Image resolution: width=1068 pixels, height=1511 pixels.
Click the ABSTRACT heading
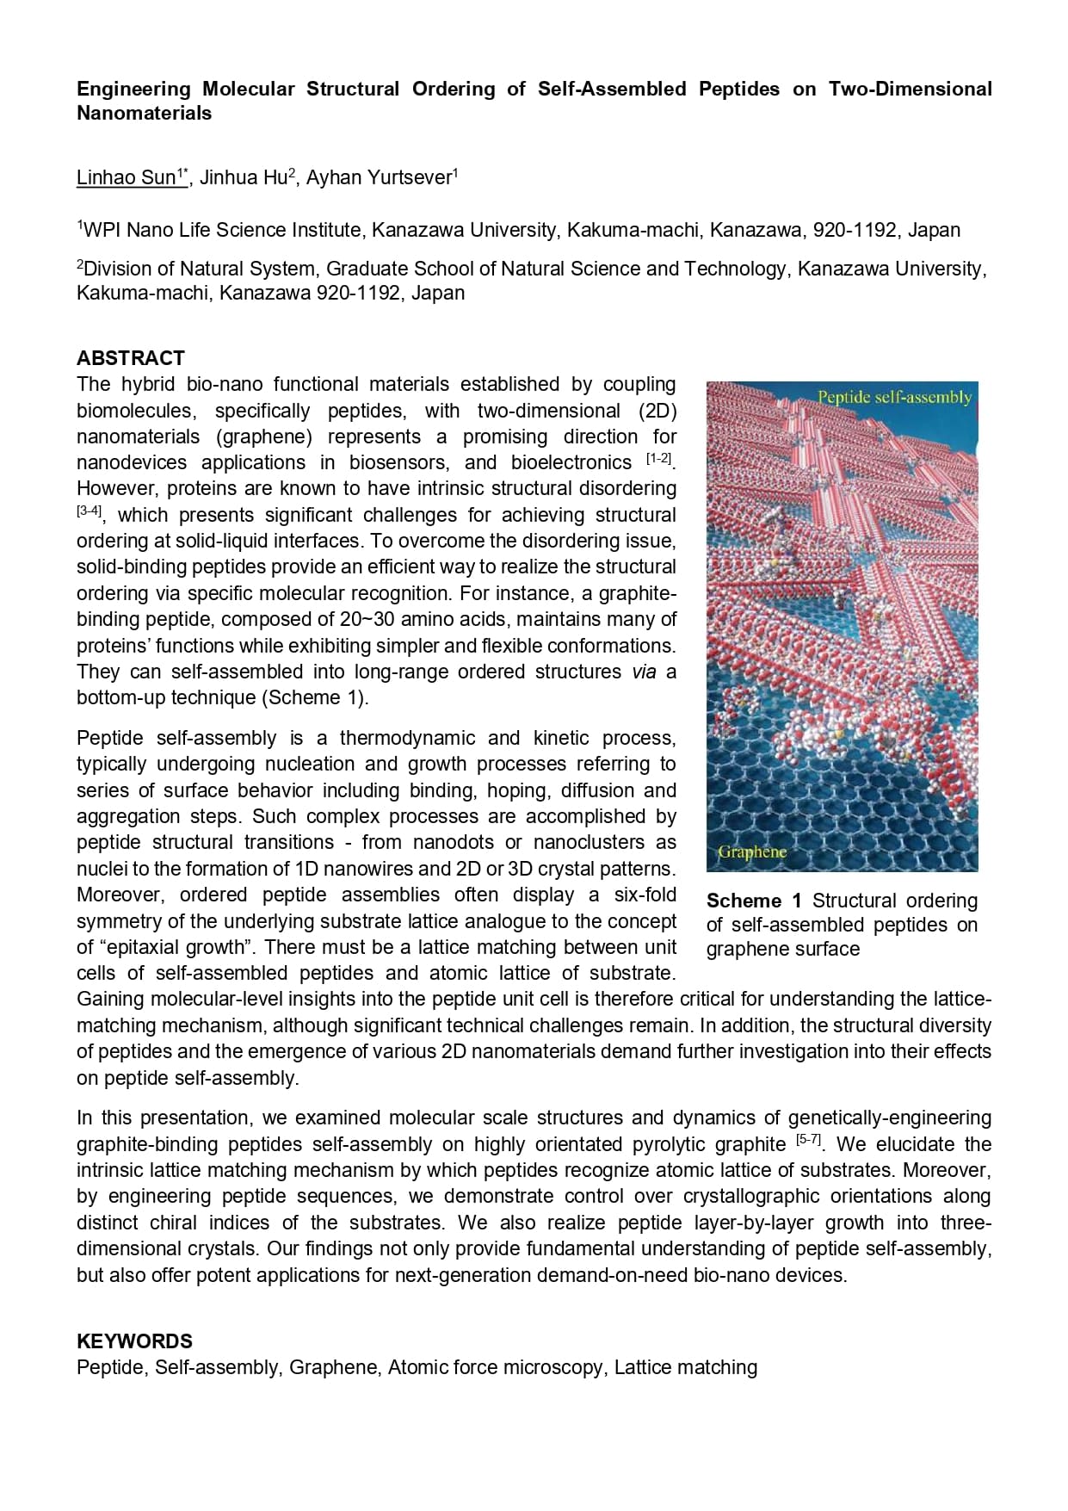tap(130, 358)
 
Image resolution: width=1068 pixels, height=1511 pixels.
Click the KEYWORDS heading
tap(134, 1341)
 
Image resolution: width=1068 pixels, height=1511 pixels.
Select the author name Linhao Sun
tap(126, 178)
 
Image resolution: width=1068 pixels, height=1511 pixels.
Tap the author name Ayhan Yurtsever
tap(379, 178)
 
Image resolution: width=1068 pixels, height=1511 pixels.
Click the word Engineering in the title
tap(133, 89)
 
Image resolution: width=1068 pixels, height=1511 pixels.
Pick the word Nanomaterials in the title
tap(144, 114)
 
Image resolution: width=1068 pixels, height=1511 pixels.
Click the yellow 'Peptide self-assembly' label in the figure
tap(893, 397)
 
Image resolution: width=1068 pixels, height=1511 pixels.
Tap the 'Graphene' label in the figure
tap(752, 851)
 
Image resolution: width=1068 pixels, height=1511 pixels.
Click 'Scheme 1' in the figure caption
tap(753, 901)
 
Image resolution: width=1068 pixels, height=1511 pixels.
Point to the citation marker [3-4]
tap(89, 511)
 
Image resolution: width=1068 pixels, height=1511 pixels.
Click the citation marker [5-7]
tap(809, 1141)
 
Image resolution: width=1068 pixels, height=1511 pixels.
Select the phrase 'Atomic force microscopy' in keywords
tap(495, 1367)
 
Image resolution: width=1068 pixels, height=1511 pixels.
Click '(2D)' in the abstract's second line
tap(657, 411)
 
